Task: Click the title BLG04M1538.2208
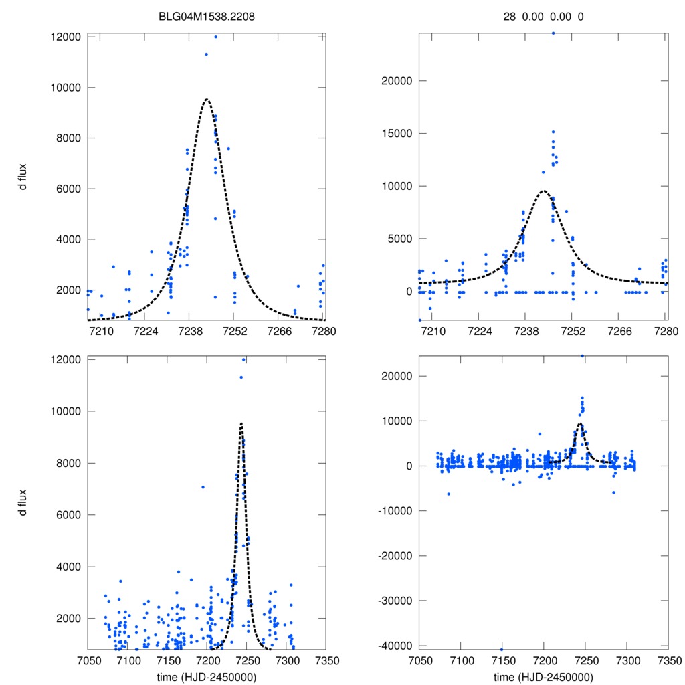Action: pyautogui.click(x=207, y=18)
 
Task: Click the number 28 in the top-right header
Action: pyautogui.click(x=509, y=18)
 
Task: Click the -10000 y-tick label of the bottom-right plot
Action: pyautogui.click(x=391, y=511)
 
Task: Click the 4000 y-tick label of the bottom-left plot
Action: pyautogui.click(x=68, y=567)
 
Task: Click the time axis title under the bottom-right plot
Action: pyautogui.click(x=543, y=677)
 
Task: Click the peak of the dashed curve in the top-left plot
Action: pyautogui.click(x=207, y=100)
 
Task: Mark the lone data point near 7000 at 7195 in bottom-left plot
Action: pyautogui.click(x=203, y=487)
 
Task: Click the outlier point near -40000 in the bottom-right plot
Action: pyautogui.click(x=502, y=649)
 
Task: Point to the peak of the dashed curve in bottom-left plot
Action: pyautogui.click(x=241, y=423)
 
